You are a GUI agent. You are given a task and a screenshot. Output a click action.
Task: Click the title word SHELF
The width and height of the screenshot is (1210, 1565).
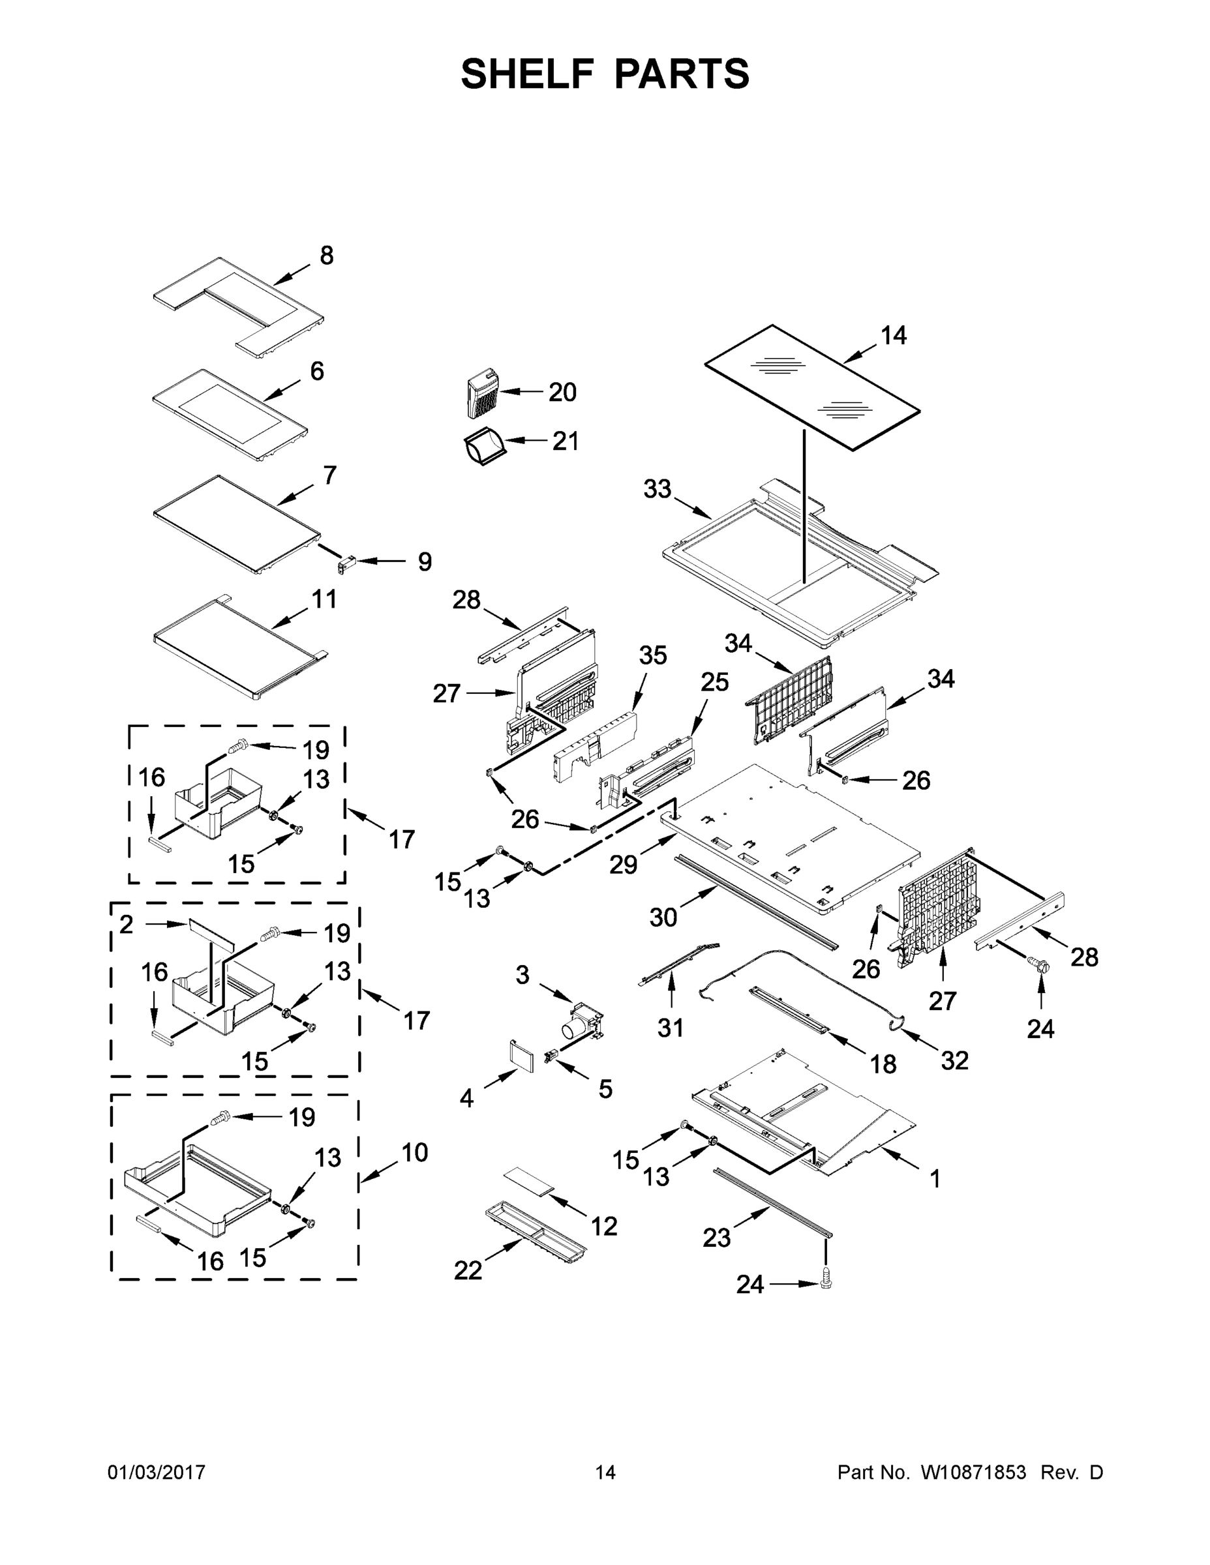pos(528,74)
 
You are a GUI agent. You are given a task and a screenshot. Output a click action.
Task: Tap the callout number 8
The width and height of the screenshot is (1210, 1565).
pos(326,256)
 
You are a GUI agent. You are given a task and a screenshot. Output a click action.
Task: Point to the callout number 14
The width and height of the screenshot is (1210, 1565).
pos(893,335)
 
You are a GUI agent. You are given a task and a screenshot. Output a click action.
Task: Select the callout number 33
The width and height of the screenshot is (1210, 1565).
pos(657,490)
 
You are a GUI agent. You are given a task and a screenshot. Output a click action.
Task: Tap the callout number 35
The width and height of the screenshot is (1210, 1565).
pos(652,655)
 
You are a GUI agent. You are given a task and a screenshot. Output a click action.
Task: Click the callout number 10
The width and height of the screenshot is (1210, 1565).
pos(414,1153)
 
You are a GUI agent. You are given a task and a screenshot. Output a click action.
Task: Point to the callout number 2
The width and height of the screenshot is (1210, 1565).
pos(126,925)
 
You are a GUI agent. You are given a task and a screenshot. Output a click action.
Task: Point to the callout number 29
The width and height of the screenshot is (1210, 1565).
pos(623,865)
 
